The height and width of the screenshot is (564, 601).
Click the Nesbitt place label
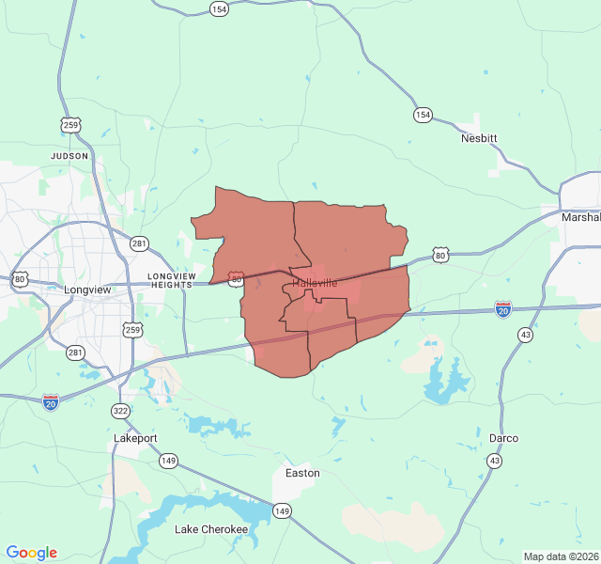[479, 138]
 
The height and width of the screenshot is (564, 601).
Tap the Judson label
[69, 156]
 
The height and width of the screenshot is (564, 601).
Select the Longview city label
[87, 290]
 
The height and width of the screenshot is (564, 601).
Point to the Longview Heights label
[171, 280]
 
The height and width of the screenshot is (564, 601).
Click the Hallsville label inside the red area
[315, 283]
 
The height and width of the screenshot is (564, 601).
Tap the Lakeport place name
[135, 438]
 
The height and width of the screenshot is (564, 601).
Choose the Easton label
[302, 473]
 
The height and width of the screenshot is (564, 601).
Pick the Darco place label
[503, 438]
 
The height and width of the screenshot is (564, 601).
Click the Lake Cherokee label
[211, 529]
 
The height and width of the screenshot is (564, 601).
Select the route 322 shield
[120, 411]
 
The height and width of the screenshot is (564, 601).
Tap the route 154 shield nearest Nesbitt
[423, 115]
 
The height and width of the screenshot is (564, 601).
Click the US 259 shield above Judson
[70, 124]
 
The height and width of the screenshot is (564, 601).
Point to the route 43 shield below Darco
[494, 461]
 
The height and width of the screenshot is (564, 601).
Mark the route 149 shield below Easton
[282, 510]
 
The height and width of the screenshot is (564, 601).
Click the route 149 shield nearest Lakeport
[168, 461]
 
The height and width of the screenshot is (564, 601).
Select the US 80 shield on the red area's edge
[237, 279]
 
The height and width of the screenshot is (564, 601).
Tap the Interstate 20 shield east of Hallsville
[503, 308]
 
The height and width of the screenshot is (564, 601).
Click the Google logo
[31, 553]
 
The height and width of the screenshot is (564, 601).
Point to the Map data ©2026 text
[561, 556]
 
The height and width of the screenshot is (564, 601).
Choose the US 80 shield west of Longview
[20, 279]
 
